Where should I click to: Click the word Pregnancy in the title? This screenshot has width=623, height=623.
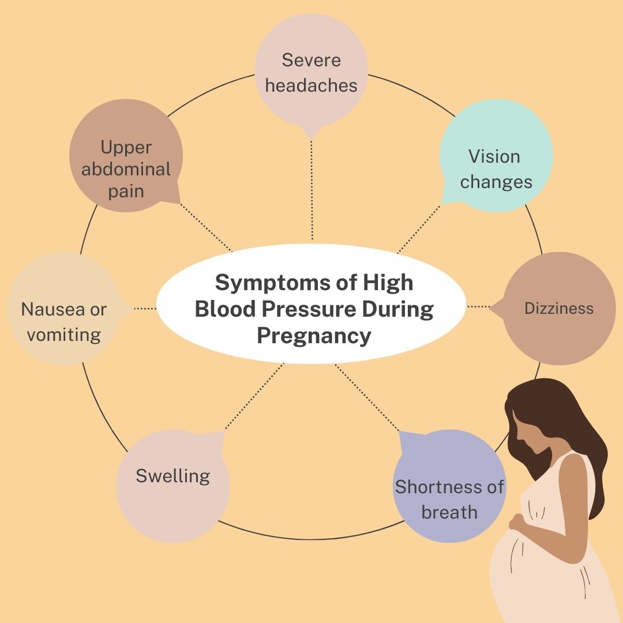(314, 335)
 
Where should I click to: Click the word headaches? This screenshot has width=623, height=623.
(311, 85)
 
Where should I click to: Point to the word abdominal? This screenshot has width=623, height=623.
(126, 169)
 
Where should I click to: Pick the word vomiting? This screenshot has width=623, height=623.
(63, 335)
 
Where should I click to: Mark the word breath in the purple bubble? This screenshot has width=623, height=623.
(449, 512)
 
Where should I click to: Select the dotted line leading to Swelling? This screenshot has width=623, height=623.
(254, 398)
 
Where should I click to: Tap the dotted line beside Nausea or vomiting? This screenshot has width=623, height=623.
(145, 309)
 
